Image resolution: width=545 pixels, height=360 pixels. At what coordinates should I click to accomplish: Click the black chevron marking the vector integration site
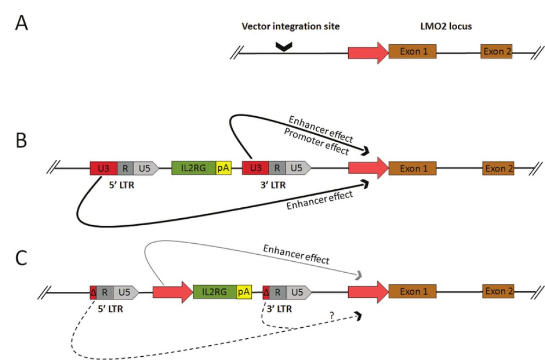coord(283,48)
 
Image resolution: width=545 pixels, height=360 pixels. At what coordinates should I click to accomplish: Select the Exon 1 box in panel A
coord(412,52)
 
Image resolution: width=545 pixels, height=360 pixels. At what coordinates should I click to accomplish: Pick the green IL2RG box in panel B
coord(193,168)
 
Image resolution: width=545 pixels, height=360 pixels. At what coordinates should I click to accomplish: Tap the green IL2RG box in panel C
coord(215,292)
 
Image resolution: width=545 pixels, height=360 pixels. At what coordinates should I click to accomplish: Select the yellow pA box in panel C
coord(244,292)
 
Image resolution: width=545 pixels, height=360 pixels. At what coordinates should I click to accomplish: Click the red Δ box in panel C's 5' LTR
coord(93,292)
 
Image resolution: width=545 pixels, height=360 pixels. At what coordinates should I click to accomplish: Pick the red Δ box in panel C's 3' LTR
coord(266,292)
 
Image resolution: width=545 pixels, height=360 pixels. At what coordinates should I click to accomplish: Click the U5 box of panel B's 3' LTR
coord(298,168)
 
